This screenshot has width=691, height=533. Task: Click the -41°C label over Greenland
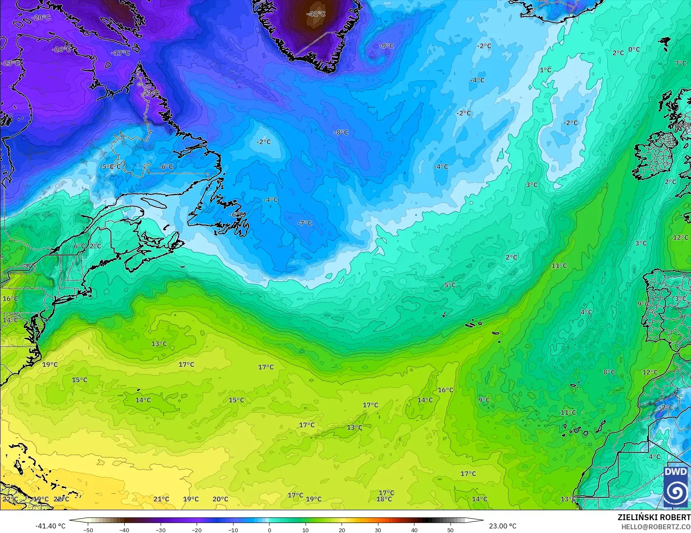pyautogui.click(x=316, y=14)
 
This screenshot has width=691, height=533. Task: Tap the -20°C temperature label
pyautogui.click(x=41, y=17)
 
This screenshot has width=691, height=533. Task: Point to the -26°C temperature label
pyautogui.click(x=62, y=49)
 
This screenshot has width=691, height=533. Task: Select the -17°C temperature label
pyautogui.click(x=120, y=53)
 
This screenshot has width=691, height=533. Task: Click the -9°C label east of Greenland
pyautogui.click(x=387, y=46)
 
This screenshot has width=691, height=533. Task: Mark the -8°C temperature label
pyautogui.click(x=341, y=133)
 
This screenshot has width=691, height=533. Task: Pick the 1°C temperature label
pyautogui.click(x=546, y=70)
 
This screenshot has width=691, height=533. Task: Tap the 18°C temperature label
pyautogui.click(x=384, y=499)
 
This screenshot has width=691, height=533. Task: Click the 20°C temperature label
pyautogui.click(x=220, y=499)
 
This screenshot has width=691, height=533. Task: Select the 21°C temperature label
pyautogui.click(x=161, y=499)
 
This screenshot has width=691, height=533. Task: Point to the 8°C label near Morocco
pyautogui.click(x=609, y=372)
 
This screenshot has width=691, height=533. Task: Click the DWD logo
pyautogui.click(x=676, y=487)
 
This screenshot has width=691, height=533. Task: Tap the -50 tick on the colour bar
pyautogui.click(x=88, y=530)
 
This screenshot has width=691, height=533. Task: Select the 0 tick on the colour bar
pyautogui.click(x=269, y=530)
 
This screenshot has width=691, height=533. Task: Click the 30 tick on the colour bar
pyautogui.click(x=378, y=530)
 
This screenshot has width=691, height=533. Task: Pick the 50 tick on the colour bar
pyautogui.click(x=450, y=530)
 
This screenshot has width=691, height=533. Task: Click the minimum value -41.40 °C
pyautogui.click(x=51, y=526)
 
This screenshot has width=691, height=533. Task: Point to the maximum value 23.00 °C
pyautogui.click(x=503, y=526)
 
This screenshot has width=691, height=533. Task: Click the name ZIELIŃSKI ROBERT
pyautogui.click(x=654, y=517)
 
